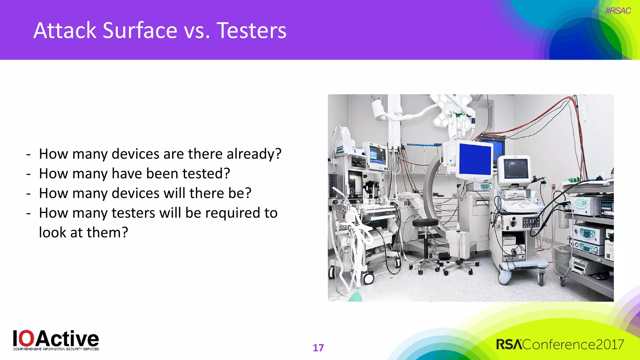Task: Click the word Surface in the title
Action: click(140, 31)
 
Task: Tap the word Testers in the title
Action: click(251, 31)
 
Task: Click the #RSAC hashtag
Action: click(618, 11)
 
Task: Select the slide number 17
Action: click(318, 348)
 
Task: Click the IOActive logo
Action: click(56, 339)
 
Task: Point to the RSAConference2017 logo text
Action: click(560, 344)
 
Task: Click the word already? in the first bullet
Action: click(254, 154)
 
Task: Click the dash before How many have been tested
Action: click(29, 174)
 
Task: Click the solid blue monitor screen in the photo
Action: click(475, 159)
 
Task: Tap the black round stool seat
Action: click(425, 223)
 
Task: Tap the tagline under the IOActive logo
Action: click(56, 349)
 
